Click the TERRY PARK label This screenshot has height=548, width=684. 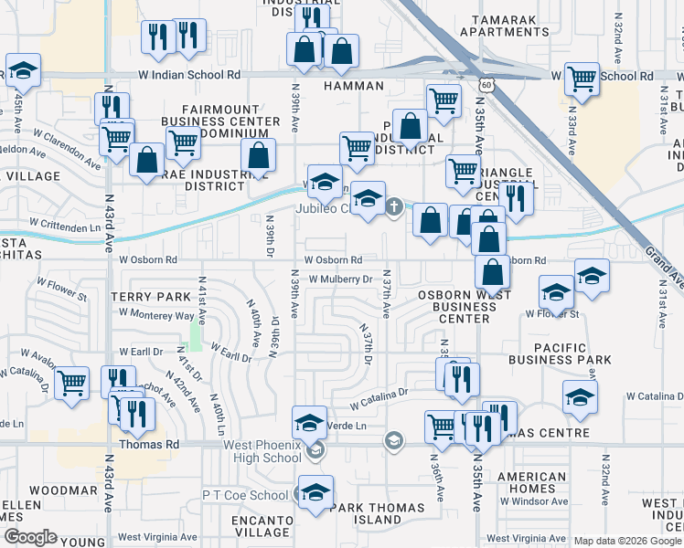152,297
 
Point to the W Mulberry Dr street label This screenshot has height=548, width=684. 341,279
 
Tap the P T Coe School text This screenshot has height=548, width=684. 245,494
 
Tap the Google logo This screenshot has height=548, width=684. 30,537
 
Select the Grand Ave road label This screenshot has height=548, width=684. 663,264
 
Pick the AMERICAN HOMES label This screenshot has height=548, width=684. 532,482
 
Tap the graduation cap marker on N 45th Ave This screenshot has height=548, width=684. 24,71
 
